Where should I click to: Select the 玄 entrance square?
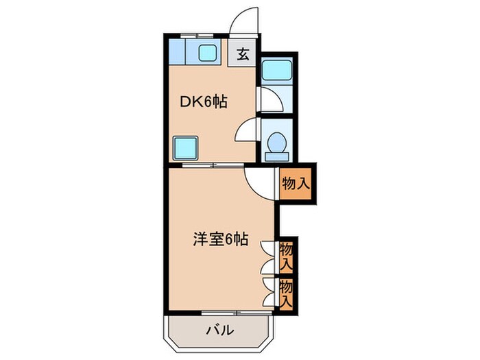coord(243,53)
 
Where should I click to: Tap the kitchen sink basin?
coord(206,51)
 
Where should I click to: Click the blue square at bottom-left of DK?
coord(185,147)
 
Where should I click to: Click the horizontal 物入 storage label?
coord(296,183)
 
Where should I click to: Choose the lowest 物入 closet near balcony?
coord(287,291)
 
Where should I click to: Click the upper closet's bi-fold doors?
coord(269,254)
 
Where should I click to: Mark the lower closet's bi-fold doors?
coord(269,291)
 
